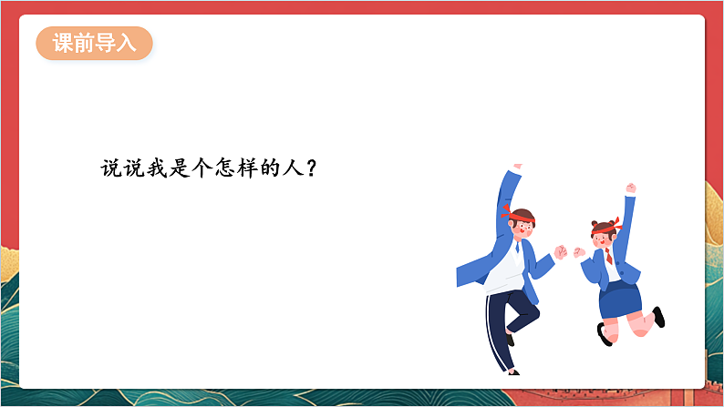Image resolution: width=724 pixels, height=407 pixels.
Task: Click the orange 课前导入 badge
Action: [94, 43]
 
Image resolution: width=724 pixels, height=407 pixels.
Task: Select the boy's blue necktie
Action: [517, 246]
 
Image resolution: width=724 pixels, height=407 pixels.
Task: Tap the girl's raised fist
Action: [630, 188]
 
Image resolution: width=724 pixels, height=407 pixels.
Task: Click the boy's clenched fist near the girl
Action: [560, 252]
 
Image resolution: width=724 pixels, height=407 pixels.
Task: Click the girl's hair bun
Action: [594, 222]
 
